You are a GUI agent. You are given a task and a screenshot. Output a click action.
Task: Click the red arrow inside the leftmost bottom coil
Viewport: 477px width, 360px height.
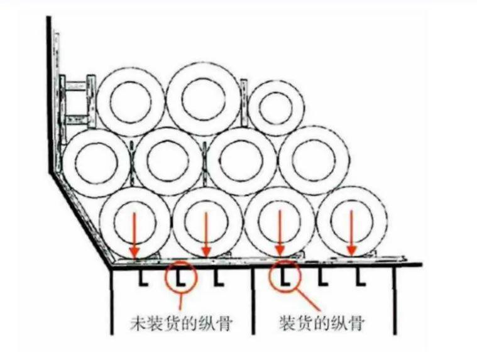tap(134, 233)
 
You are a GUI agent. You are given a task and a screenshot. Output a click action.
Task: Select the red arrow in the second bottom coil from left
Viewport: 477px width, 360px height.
tap(206, 233)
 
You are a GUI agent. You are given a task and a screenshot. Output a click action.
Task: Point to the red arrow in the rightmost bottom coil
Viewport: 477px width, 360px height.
tap(352, 233)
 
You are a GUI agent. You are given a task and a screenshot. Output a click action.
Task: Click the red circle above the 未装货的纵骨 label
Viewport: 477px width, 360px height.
tap(181, 276)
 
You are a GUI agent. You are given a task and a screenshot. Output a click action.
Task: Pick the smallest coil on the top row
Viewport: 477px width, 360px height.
tap(276, 107)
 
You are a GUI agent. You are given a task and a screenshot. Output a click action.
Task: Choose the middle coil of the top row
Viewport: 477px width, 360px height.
tap(203, 98)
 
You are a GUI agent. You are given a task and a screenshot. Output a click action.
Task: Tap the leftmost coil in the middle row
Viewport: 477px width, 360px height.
tap(96, 161)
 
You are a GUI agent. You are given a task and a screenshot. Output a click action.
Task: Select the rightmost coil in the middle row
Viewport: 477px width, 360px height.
tap(313, 160)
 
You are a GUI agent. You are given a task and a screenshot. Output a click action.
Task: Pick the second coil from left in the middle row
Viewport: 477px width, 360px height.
tap(168, 161)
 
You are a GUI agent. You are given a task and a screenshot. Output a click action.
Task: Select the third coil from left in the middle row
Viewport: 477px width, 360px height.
tap(241, 161)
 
